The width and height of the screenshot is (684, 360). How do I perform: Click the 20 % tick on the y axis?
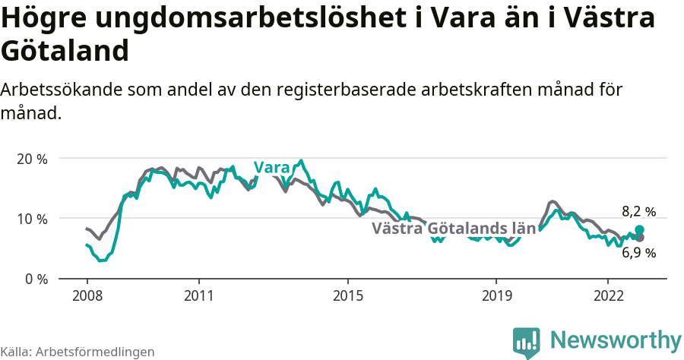32,159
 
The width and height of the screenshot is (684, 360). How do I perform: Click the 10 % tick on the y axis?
32,219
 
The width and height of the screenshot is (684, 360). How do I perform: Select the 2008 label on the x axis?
87,295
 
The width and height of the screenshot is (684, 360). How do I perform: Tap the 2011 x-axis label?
198,295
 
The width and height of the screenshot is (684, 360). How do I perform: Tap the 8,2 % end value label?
638,212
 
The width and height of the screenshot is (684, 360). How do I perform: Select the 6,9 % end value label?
638,253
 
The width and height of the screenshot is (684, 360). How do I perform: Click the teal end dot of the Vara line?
639,229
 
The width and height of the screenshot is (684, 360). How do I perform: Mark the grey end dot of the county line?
639,238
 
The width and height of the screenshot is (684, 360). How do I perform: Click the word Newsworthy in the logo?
616,339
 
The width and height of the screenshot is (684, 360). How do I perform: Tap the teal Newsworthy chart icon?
527,342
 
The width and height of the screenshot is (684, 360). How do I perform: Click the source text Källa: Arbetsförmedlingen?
78,352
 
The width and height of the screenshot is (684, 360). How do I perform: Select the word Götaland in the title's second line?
65,51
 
